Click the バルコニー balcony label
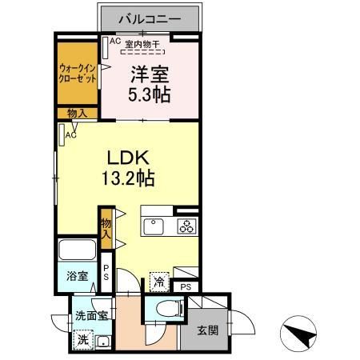(150, 17)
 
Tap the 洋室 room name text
(149, 74)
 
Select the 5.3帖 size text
(149, 94)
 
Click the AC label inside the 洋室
(114, 41)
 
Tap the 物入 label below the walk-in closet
(78, 114)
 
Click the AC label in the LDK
(72, 135)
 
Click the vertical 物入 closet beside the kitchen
(105, 226)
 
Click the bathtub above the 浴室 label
(78, 250)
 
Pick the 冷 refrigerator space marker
(159, 282)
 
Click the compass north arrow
(301, 335)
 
